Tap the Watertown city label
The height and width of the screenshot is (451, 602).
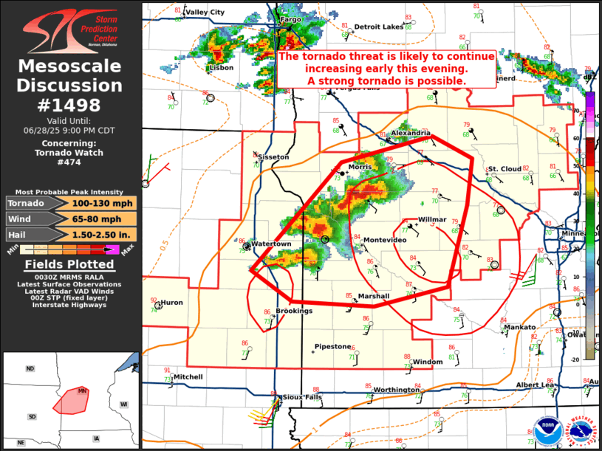[x=272, y=244]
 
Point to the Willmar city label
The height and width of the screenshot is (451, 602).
[x=432, y=220]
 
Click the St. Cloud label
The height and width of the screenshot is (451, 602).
[x=505, y=169]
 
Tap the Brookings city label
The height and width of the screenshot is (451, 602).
[x=294, y=311]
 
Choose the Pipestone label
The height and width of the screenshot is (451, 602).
[x=332, y=346]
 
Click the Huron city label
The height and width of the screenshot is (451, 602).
[x=171, y=302]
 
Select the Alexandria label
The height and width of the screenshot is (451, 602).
[x=411, y=133]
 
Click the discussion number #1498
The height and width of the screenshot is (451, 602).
[x=70, y=105]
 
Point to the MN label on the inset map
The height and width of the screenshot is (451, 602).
[x=83, y=390]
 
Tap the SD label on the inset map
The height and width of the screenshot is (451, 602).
[x=32, y=416]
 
